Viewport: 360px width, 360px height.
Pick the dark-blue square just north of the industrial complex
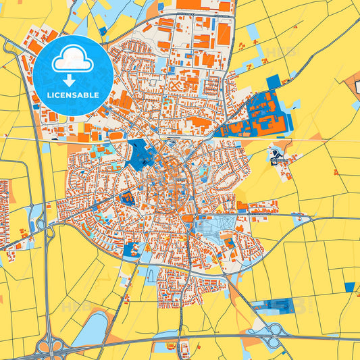pos(273,82)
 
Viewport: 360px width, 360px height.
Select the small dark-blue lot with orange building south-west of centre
pos(126,197)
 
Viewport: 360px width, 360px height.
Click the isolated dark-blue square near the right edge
pos(349,287)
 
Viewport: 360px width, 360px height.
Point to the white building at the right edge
pos(356,86)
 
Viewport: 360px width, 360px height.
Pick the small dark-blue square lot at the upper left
pos(103,30)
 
